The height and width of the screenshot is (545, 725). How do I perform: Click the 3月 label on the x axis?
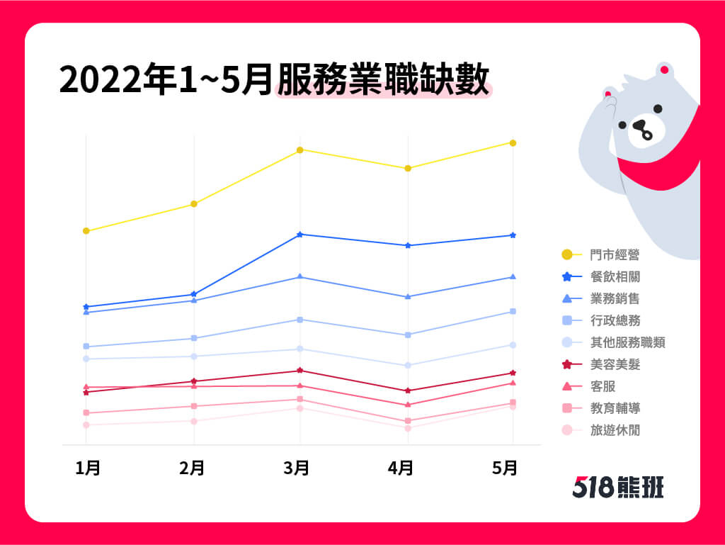(297, 468)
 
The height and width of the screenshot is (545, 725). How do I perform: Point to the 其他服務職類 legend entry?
(627, 343)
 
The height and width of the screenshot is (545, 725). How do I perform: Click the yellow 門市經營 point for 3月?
(300, 150)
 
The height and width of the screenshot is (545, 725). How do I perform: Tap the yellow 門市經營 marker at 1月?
(86, 231)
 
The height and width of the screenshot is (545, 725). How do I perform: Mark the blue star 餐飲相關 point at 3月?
(300, 235)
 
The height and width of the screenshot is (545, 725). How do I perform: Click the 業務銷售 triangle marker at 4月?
(408, 296)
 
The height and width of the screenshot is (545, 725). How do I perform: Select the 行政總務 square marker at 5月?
(513, 312)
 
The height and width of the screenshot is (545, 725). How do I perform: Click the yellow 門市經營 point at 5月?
(513, 143)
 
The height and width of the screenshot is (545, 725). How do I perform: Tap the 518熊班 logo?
(617, 487)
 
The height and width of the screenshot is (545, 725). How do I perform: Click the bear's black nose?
(641, 127)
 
